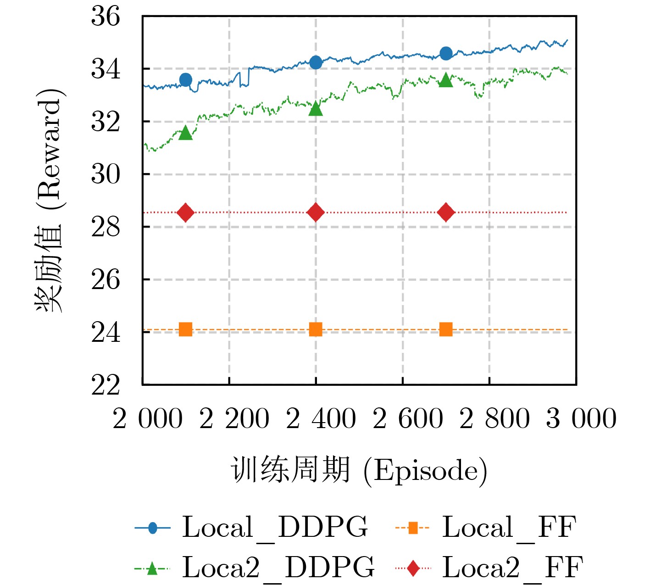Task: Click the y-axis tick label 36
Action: [x=106, y=17]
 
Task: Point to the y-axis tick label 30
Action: [x=106, y=175]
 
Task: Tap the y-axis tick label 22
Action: [x=106, y=385]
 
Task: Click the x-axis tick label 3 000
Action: [x=581, y=419]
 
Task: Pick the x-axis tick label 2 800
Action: [x=494, y=419]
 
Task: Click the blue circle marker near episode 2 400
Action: [x=316, y=62]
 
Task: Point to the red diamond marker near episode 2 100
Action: [x=185, y=212]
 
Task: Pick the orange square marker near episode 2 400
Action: [x=316, y=329]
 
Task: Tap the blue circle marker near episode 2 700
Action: [x=446, y=54]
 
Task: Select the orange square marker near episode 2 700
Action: [x=446, y=329]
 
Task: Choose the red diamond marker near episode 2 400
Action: [x=316, y=212]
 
